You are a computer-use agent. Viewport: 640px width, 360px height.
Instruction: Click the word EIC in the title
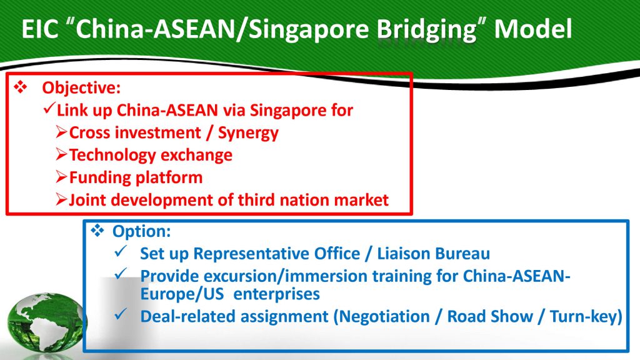point(39,29)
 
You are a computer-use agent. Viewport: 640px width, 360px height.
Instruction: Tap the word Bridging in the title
point(426,31)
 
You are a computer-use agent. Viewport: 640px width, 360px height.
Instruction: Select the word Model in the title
point(533,29)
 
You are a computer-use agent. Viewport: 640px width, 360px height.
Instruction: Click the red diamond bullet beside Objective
point(21,87)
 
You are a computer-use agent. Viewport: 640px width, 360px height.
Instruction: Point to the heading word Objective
point(81,88)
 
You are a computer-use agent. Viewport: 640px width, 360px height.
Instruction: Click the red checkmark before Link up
point(49,108)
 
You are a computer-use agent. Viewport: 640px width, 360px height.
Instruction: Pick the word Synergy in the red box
point(248,134)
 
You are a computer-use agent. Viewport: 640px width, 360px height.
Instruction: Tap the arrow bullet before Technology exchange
point(62,154)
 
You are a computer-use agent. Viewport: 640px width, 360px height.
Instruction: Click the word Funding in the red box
point(100,177)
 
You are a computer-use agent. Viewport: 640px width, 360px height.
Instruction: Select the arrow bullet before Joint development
point(62,199)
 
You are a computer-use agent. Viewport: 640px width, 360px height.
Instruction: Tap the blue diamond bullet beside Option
point(97,231)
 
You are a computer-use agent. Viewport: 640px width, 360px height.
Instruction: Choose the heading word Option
point(141,231)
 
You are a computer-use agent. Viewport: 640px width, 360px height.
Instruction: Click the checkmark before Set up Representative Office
point(121,251)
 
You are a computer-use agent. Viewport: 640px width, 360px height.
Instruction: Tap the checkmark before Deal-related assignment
point(121,314)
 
